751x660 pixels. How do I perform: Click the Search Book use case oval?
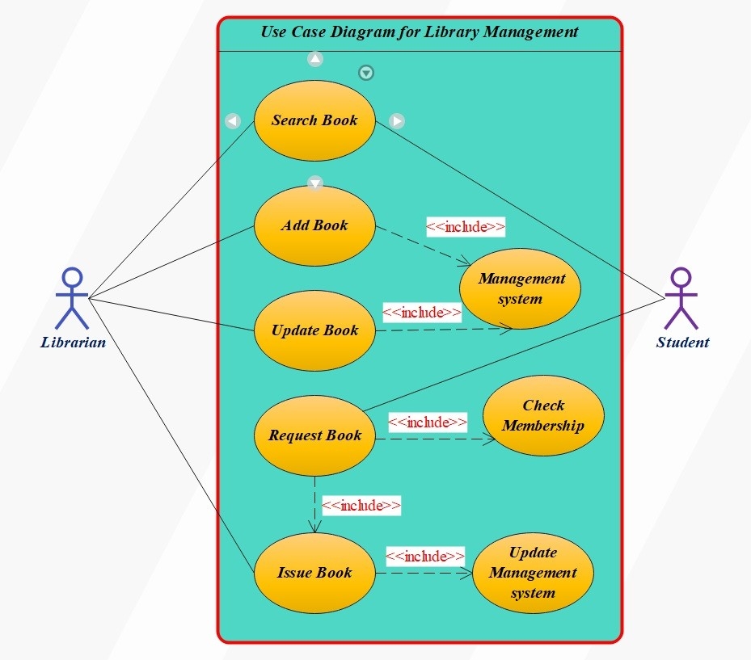[314, 120]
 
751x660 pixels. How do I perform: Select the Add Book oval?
[314, 225]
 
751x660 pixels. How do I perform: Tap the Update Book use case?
[314, 330]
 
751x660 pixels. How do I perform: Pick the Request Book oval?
[314, 435]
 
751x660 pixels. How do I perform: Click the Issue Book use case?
[314, 573]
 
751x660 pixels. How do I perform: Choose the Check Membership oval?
[543, 416]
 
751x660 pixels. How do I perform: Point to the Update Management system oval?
[533, 573]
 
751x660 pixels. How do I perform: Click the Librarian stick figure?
[72, 299]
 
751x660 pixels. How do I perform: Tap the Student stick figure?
[682, 299]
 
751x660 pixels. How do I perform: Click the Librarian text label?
[73, 343]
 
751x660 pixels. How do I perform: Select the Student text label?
[682, 343]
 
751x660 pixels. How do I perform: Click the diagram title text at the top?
[420, 32]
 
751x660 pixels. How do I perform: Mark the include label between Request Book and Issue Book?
[361, 506]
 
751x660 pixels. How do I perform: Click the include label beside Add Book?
[466, 227]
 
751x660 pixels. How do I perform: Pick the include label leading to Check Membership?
[428, 422]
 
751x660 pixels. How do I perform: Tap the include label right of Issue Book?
[425, 556]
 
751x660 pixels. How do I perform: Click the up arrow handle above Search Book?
[315, 59]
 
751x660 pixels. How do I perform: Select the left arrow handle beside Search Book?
[233, 121]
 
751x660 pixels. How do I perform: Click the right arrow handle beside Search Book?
[397, 121]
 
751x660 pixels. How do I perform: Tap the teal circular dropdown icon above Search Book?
[366, 74]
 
